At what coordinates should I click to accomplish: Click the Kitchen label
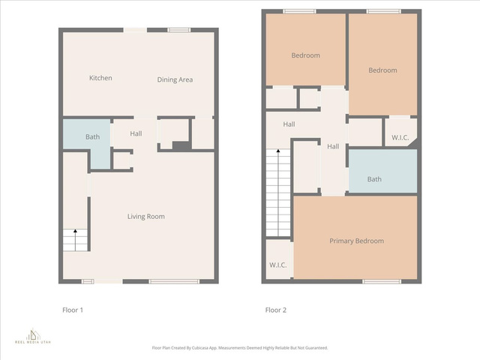100,78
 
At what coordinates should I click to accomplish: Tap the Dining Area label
175,80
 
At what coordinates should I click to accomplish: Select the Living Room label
146,217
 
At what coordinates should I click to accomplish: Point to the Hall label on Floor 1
136,133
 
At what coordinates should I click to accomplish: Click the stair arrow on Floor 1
75,240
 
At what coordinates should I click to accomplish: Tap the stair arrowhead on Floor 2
278,151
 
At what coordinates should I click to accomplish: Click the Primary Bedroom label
357,241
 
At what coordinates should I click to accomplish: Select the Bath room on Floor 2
383,171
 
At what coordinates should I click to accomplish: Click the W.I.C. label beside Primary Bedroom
278,265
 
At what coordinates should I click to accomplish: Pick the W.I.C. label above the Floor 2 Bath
400,137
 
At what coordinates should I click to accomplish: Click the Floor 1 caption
73,310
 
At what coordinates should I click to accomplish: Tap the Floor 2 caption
276,310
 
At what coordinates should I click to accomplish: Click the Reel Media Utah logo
33,336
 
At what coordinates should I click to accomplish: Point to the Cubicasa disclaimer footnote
240,348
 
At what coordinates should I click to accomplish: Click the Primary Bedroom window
382,282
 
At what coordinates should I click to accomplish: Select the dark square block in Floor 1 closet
181,145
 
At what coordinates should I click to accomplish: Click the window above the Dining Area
179,30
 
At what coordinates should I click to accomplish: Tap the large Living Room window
174,282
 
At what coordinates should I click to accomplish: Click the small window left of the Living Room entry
88,282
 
